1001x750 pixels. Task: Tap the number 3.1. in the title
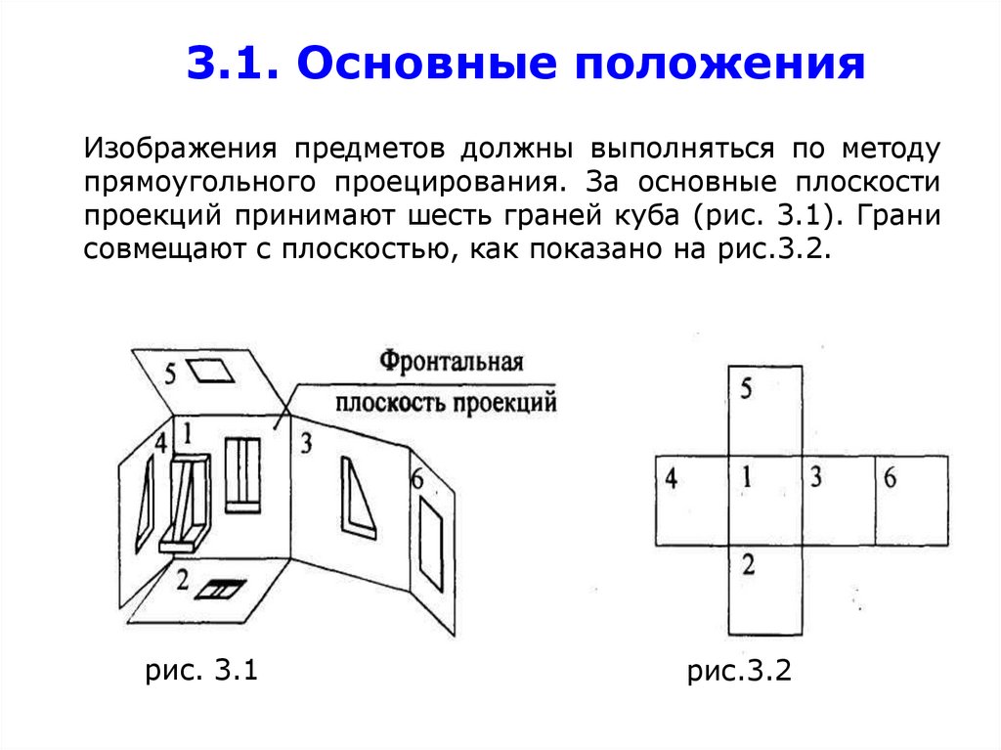point(232,64)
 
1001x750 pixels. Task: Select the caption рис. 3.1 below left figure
point(201,671)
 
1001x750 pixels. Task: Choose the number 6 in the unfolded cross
point(890,478)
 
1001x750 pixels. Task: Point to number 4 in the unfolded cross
point(671,479)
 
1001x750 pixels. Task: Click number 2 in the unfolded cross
point(748,564)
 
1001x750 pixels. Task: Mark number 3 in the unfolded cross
point(815,478)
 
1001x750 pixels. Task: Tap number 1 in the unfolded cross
point(746,478)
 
